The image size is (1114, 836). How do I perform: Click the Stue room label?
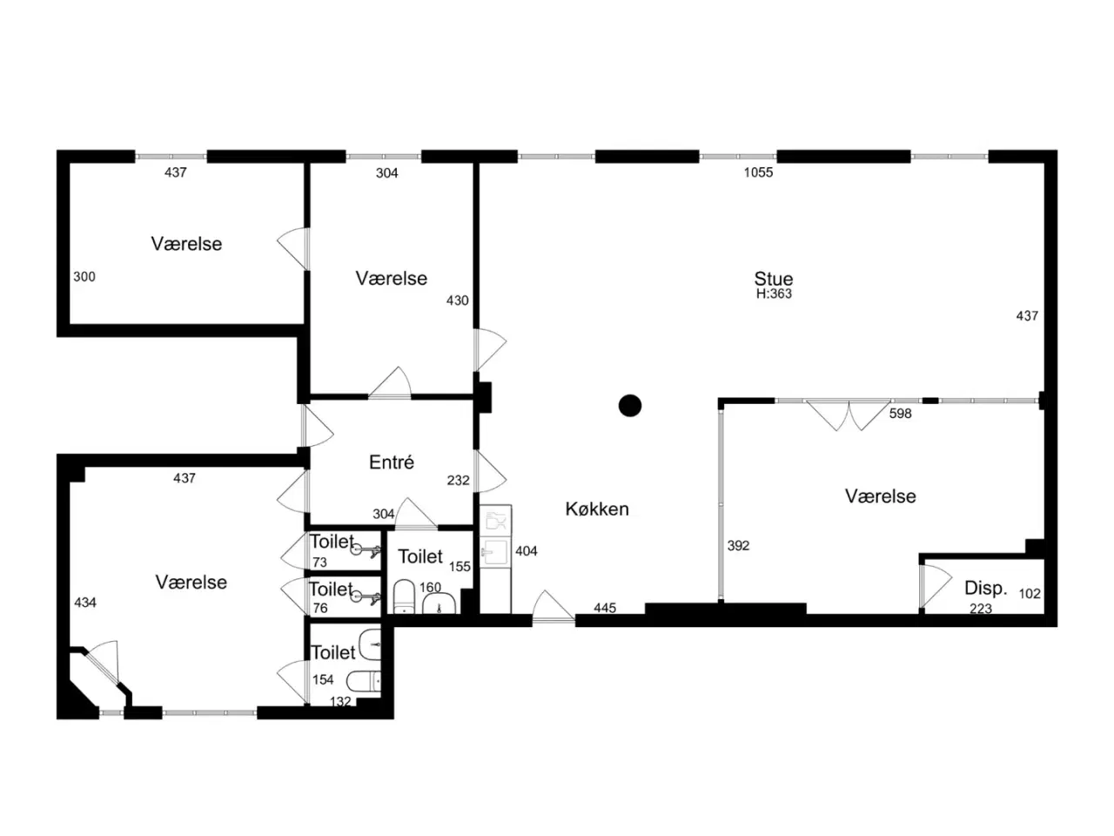coord(773,279)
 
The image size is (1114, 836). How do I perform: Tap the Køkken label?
coord(597,509)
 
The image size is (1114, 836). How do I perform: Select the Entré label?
coord(392,462)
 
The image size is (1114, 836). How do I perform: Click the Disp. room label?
coord(985,589)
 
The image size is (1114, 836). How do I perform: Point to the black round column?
coord(630,406)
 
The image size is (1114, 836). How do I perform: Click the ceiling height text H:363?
coord(774,293)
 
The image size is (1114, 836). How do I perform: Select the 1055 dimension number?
coord(758,172)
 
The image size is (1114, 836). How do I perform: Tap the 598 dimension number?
coord(900,414)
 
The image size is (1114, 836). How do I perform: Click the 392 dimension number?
coord(738,546)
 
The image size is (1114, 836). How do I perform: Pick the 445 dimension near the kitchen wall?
coord(605,608)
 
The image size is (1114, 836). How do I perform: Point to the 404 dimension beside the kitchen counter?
coord(527,550)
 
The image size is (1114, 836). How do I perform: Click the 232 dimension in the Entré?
coord(458,480)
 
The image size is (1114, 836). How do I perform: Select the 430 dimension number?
coord(457,300)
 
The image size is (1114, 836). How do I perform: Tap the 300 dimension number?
coord(84,277)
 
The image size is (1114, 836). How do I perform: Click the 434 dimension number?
coord(85,603)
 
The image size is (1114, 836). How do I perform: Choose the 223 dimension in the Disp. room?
coord(981,609)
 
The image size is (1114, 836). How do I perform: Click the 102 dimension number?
coord(1030,593)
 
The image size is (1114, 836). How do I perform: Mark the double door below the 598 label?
coord(849,415)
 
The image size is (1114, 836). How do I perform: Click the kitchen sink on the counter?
coord(493,552)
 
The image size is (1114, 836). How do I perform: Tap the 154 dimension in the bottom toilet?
coord(323,679)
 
